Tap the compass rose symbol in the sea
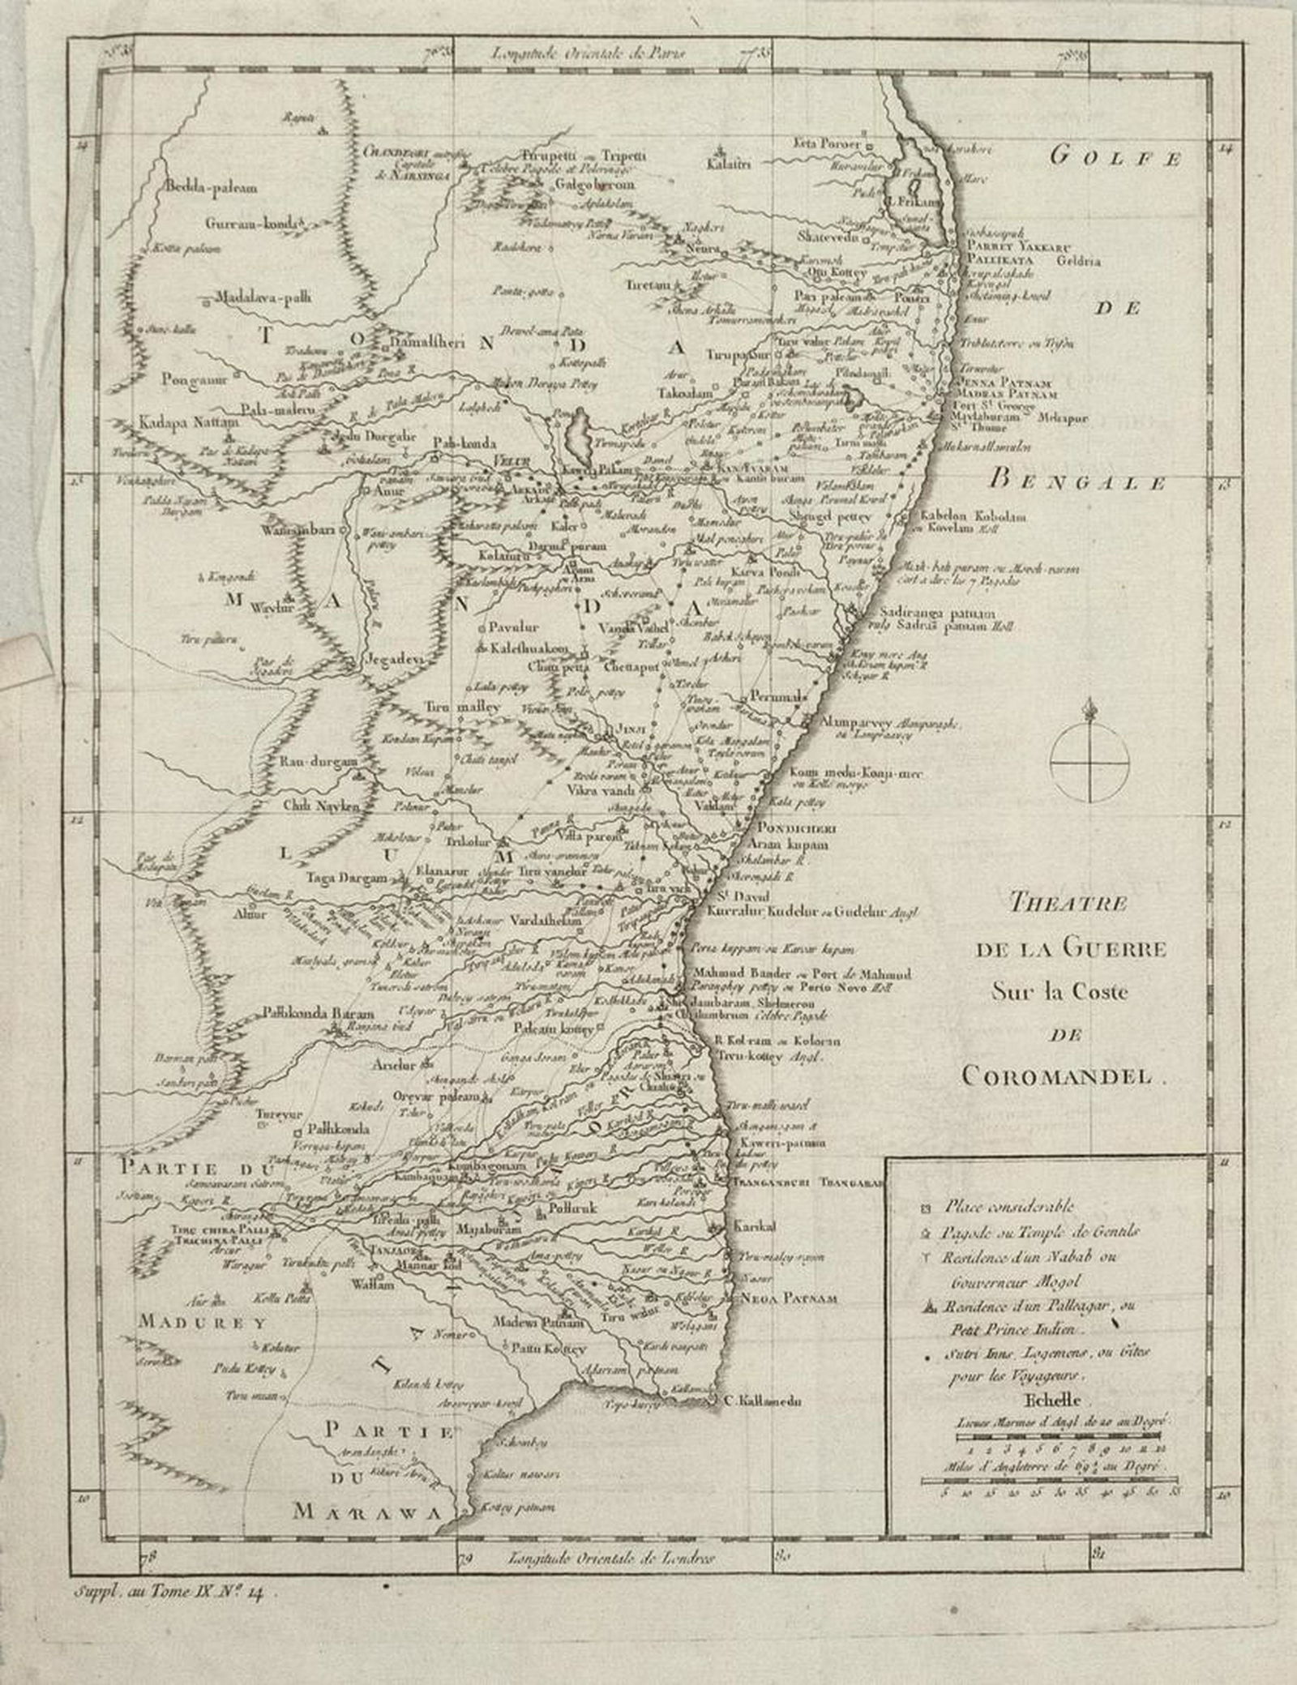coord(1089,761)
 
